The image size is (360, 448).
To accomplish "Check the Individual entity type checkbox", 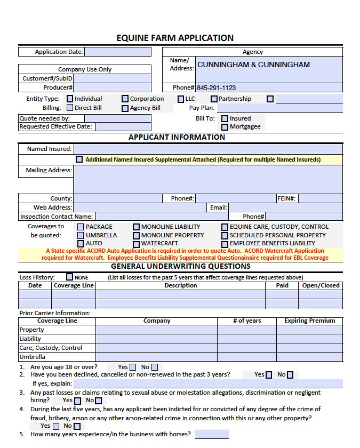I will (x=70, y=99).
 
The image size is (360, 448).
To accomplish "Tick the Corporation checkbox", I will (x=125, y=99).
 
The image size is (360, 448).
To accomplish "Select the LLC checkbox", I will (x=181, y=99).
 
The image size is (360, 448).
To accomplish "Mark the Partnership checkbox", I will (x=214, y=99).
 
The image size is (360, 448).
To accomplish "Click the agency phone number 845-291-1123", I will (x=216, y=88).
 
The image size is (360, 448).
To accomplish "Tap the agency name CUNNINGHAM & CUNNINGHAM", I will (x=253, y=65).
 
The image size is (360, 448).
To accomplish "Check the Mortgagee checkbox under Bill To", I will (x=225, y=127).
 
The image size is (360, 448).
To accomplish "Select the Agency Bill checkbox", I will (x=125, y=108).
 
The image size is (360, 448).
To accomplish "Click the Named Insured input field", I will (x=207, y=149).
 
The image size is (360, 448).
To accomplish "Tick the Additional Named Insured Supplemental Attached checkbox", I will (x=79, y=159).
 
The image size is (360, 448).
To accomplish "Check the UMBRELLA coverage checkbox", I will (x=81, y=235).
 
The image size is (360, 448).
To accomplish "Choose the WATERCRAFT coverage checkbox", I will (x=136, y=244).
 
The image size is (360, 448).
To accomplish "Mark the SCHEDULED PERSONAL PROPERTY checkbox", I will (x=225, y=235).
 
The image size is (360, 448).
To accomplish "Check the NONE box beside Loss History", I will (x=70, y=277).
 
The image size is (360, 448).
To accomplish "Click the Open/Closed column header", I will (x=321, y=285).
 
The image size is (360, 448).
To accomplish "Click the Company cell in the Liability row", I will (x=156, y=339).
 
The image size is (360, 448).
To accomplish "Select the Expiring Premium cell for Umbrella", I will (x=309, y=357).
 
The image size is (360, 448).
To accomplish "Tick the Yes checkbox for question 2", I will (x=269, y=375).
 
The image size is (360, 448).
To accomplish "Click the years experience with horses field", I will (x=212, y=434).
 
